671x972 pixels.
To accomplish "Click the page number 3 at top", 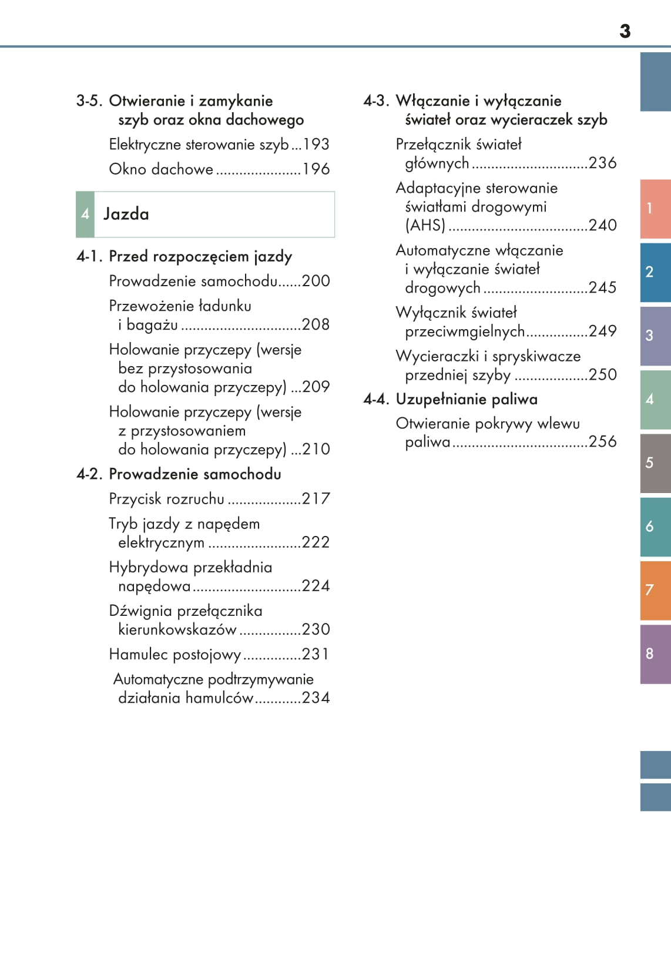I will tap(625, 31).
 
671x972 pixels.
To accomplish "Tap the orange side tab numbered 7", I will tap(655, 590).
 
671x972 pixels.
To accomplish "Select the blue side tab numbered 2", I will tap(655, 272).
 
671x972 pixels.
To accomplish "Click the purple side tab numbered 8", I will tap(655, 653).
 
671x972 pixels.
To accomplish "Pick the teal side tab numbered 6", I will tap(655, 527).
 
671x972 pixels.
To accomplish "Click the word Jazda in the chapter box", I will tap(126, 214).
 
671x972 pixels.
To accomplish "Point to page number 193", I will tap(316, 145).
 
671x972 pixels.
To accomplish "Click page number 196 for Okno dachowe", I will tap(316, 169).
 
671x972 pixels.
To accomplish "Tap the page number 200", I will tap(316, 281).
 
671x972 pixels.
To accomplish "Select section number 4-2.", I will tap(90, 474).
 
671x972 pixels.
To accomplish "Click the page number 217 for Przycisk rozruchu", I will tap(316, 499).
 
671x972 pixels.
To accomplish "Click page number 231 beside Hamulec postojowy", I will tap(316, 654).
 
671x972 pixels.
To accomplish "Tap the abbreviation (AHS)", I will tap(425, 225).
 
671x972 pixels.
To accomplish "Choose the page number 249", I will tap(603, 331).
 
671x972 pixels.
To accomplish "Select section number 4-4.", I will tap(377, 400).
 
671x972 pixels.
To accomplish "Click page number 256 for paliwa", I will tap(603, 442).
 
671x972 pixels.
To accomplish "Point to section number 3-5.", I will tap(90, 101).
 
